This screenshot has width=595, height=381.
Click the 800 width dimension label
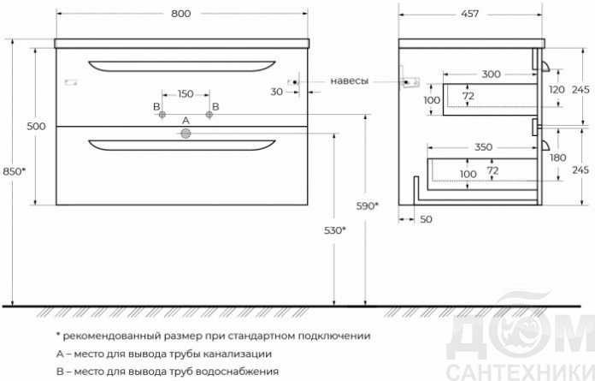click(x=181, y=14)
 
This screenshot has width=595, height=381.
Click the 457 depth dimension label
click(x=470, y=14)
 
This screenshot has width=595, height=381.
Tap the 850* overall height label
click(x=15, y=171)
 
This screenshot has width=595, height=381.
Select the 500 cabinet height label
click(x=36, y=126)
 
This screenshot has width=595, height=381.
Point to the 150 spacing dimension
click(x=186, y=93)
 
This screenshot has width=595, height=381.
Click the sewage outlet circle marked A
click(x=186, y=134)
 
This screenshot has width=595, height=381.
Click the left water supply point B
click(x=162, y=115)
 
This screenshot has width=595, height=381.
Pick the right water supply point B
click(x=209, y=115)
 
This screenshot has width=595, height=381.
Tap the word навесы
click(x=349, y=81)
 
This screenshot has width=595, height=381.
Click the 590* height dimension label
click(x=368, y=205)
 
